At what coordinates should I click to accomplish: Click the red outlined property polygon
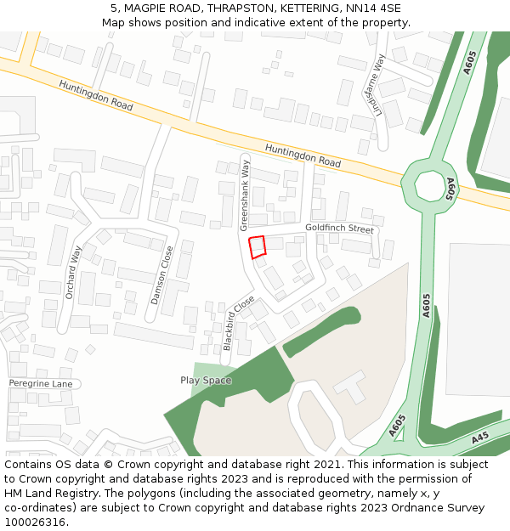click(258, 246)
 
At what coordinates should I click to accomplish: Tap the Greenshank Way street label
click(245, 196)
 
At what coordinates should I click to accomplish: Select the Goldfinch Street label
click(339, 229)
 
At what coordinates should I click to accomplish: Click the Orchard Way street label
click(74, 272)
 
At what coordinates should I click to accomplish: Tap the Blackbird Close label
click(237, 324)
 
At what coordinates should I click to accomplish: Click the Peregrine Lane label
click(41, 384)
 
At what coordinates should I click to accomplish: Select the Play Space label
click(206, 380)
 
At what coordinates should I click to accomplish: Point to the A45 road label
click(480, 438)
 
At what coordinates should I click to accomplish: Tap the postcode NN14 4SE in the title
click(373, 8)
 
